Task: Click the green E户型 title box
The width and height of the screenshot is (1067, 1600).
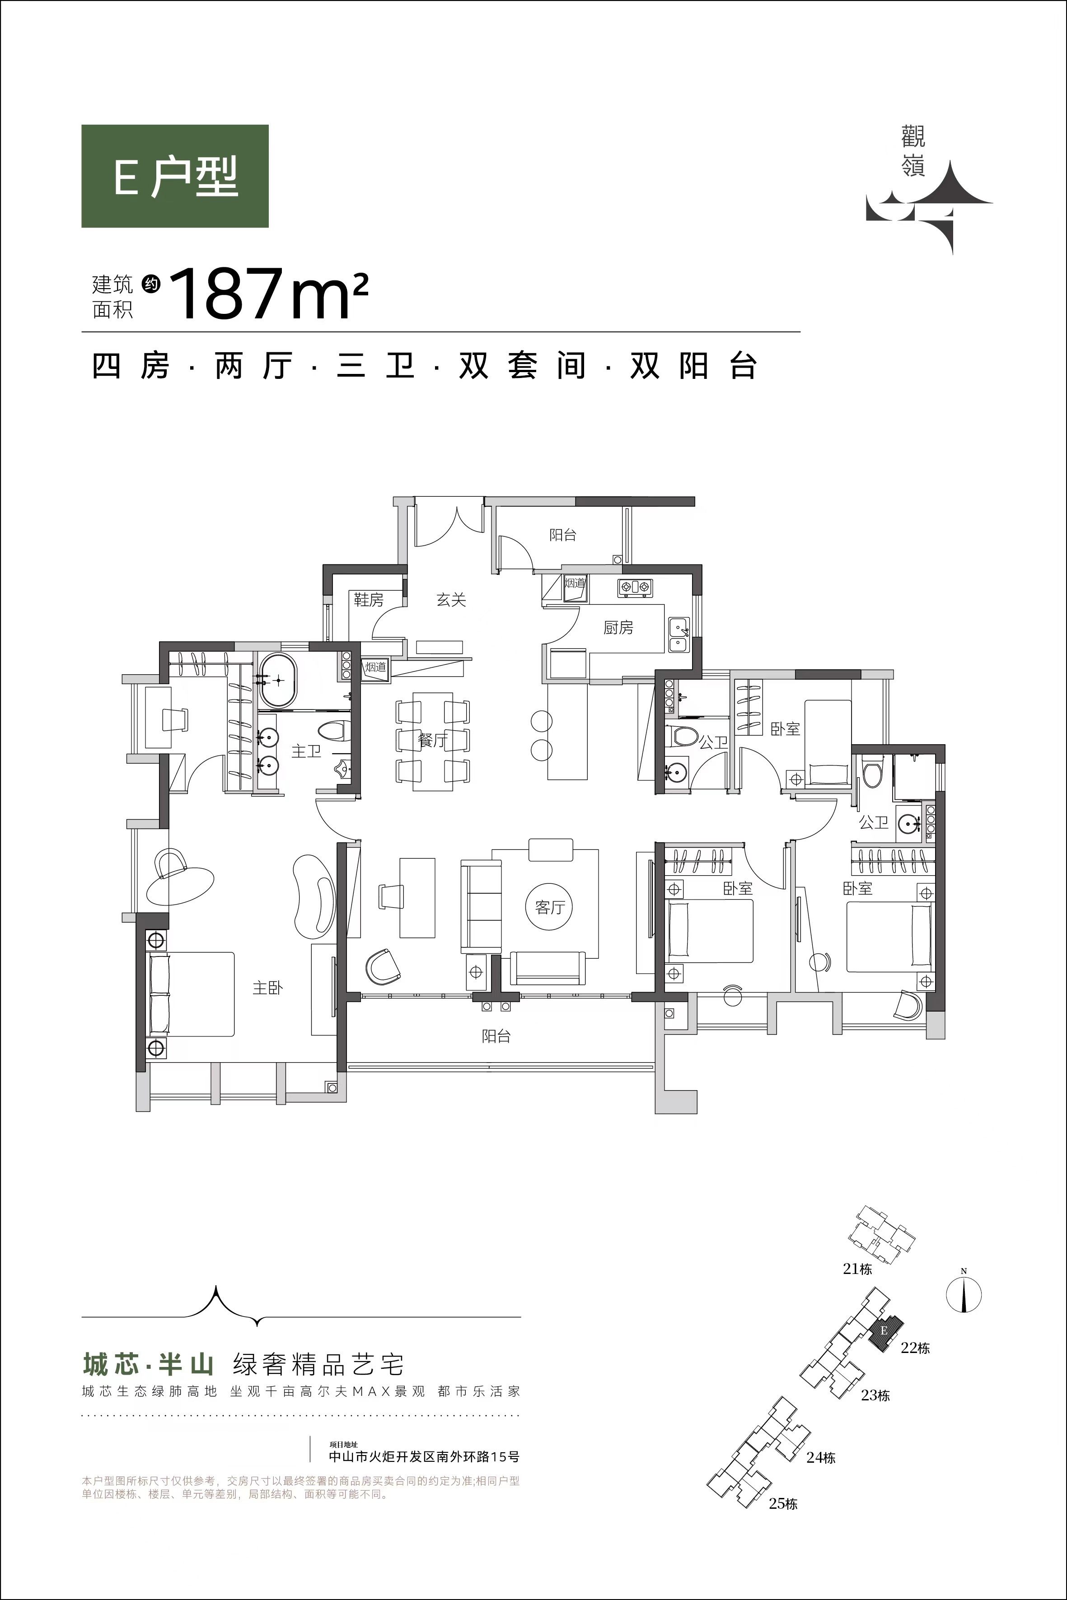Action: point(175,176)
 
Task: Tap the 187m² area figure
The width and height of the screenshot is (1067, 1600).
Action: point(268,294)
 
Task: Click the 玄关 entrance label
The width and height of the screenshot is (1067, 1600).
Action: point(451,600)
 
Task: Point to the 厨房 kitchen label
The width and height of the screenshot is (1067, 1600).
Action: point(618,627)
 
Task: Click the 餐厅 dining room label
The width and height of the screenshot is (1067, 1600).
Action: point(433,740)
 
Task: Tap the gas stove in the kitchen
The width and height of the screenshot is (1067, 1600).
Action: point(634,587)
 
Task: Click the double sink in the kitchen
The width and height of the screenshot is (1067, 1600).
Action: point(679,634)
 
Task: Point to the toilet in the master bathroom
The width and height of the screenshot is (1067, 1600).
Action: point(335,731)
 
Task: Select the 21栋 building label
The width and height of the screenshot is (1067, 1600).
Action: point(857,1269)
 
